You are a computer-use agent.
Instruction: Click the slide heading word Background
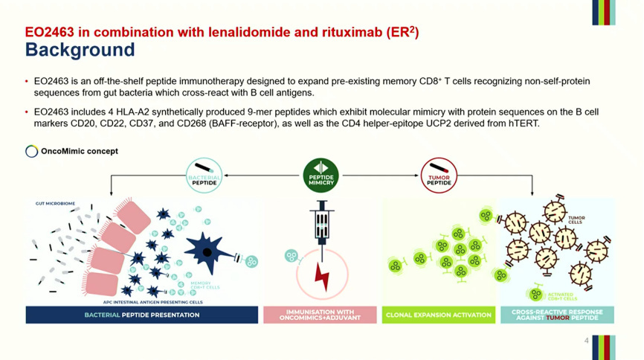(x=80, y=50)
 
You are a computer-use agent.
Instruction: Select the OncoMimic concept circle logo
(x=31, y=152)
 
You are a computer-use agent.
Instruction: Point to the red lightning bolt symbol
(x=322, y=274)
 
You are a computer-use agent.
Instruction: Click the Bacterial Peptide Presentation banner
(x=141, y=315)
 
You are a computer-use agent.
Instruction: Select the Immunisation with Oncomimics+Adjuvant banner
(x=321, y=315)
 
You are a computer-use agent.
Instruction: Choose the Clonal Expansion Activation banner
(x=439, y=315)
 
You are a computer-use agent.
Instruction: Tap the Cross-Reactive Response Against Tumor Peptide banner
(x=557, y=315)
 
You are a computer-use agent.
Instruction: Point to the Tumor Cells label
(x=576, y=219)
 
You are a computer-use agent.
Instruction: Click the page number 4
(x=587, y=341)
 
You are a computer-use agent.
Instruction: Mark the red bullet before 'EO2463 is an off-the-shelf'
(x=27, y=81)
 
